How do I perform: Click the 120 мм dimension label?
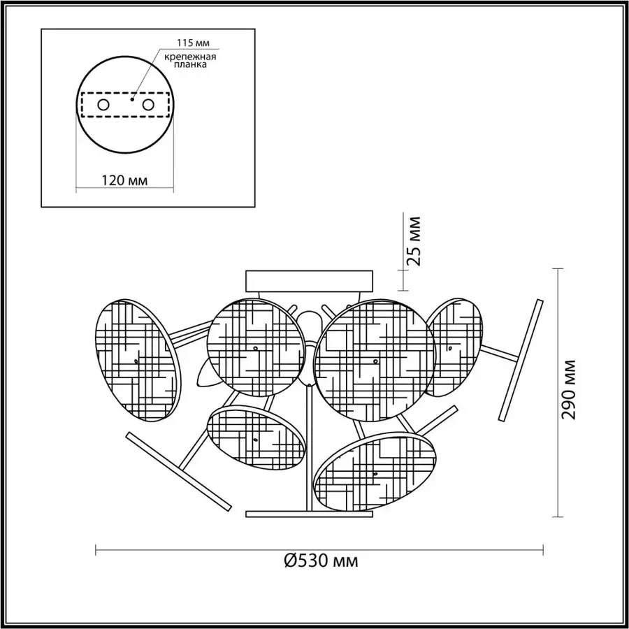(x=124, y=180)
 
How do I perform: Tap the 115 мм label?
(x=194, y=43)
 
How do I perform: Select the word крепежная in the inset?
(x=190, y=57)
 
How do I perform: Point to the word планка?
(x=191, y=64)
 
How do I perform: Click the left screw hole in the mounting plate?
(x=103, y=105)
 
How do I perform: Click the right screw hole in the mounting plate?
(x=148, y=105)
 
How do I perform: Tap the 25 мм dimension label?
(x=413, y=241)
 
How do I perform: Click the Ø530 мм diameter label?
(x=321, y=561)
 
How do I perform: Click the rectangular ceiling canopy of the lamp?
(x=310, y=281)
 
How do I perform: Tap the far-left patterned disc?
(x=138, y=360)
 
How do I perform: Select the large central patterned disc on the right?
(x=375, y=360)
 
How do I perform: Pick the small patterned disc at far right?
(x=454, y=347)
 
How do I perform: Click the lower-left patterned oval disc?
(x=256, y=438)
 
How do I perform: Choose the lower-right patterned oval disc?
(x=375, y=471)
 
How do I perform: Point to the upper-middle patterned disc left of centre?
(x=256, y=347)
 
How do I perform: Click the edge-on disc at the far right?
(x=521, y=360)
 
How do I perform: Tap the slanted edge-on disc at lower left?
(x=178, y=471)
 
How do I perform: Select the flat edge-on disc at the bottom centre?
(x=310, y=514)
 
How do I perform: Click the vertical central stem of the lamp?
(x=310, y=447)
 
